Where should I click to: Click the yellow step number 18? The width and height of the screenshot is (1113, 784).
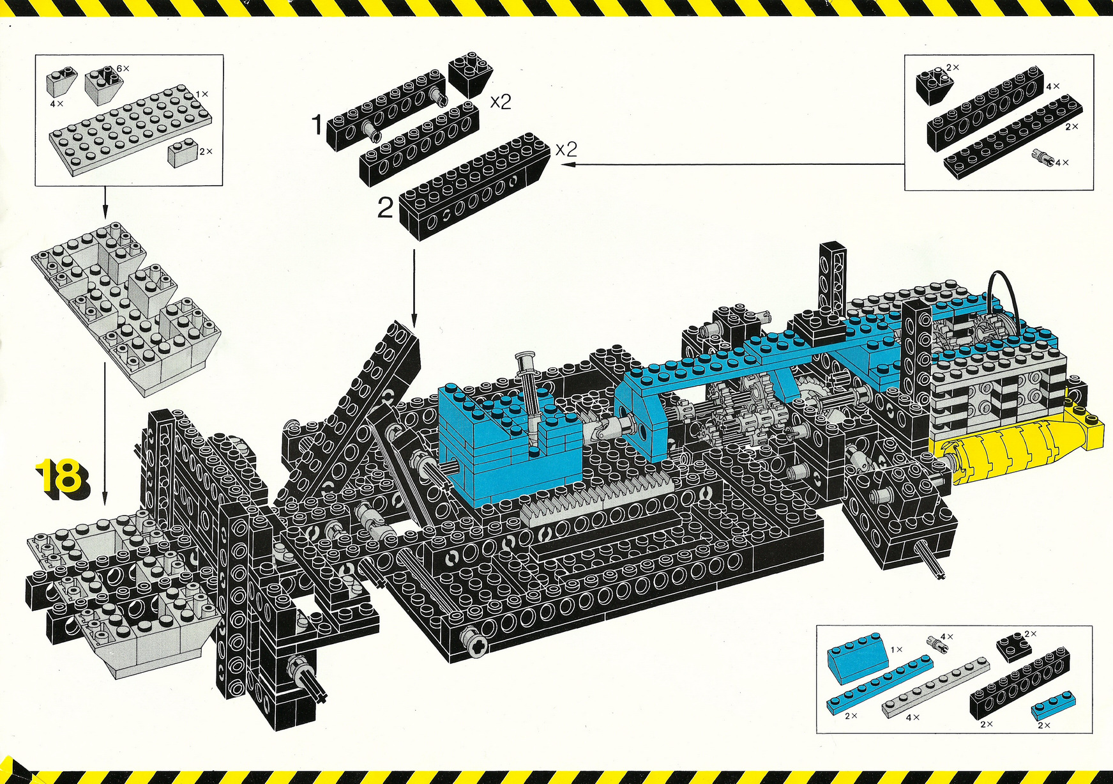click(x=63, y=477)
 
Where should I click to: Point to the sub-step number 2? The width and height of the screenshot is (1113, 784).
click(x=386, y=208)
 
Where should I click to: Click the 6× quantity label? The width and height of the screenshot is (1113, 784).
click(x=123, y=68)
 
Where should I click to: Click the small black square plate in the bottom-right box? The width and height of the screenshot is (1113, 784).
click(x=1015, y=645)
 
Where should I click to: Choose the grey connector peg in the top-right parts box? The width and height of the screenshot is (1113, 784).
click(x=1043, y=157)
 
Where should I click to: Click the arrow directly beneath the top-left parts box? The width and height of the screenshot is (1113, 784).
click(x=105, y=202)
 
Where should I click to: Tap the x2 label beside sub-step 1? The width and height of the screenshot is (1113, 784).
click(x=501, y=102)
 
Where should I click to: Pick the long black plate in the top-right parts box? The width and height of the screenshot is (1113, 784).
click(x=1013, y=134)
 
